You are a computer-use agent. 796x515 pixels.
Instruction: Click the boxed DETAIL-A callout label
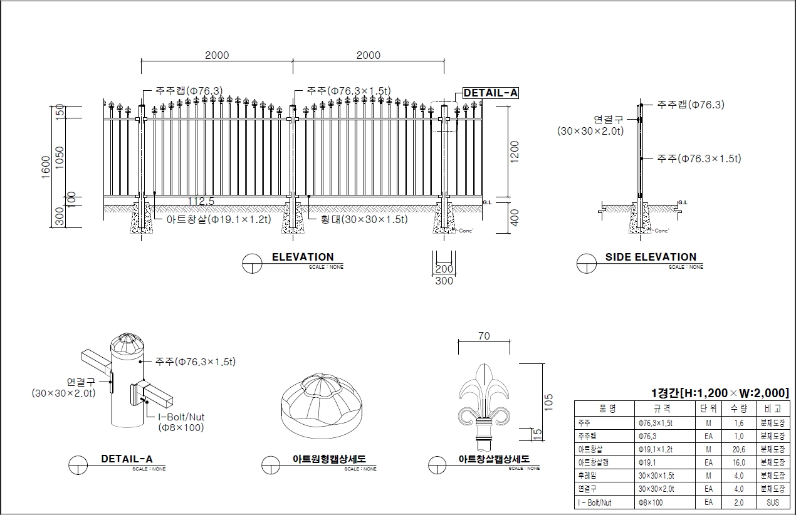click(x=490, y=93)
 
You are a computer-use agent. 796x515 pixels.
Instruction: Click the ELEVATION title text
click(x=303, y=257)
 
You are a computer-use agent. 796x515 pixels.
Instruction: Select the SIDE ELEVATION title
click(x=651, y=257)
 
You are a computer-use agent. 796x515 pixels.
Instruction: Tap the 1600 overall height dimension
click(x=46, y=167)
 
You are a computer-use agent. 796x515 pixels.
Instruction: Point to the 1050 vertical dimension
click(x=60, y=157)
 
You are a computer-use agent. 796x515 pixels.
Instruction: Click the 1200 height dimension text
click(x=515, y=152)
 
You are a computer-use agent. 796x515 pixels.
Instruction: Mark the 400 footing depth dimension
click(x=515, y=217)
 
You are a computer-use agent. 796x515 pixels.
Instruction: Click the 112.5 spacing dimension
click(x=201, y=201)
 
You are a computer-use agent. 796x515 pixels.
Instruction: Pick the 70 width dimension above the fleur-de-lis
click(x=484, y=336)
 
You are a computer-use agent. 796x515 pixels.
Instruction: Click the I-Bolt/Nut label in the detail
click(x=181, y=417)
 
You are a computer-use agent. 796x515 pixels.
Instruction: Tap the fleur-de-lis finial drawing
click(x=483, y=404)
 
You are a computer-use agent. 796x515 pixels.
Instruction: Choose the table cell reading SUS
click(x=772, y=502)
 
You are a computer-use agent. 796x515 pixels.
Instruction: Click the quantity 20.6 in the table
click(x=739, y=449)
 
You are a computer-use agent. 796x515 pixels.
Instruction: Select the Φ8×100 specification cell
click(x=651, y=502)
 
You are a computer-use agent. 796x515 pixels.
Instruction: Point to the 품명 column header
click(x=607, y=409)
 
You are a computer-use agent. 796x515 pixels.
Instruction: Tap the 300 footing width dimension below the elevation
click(x=444, y=281)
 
